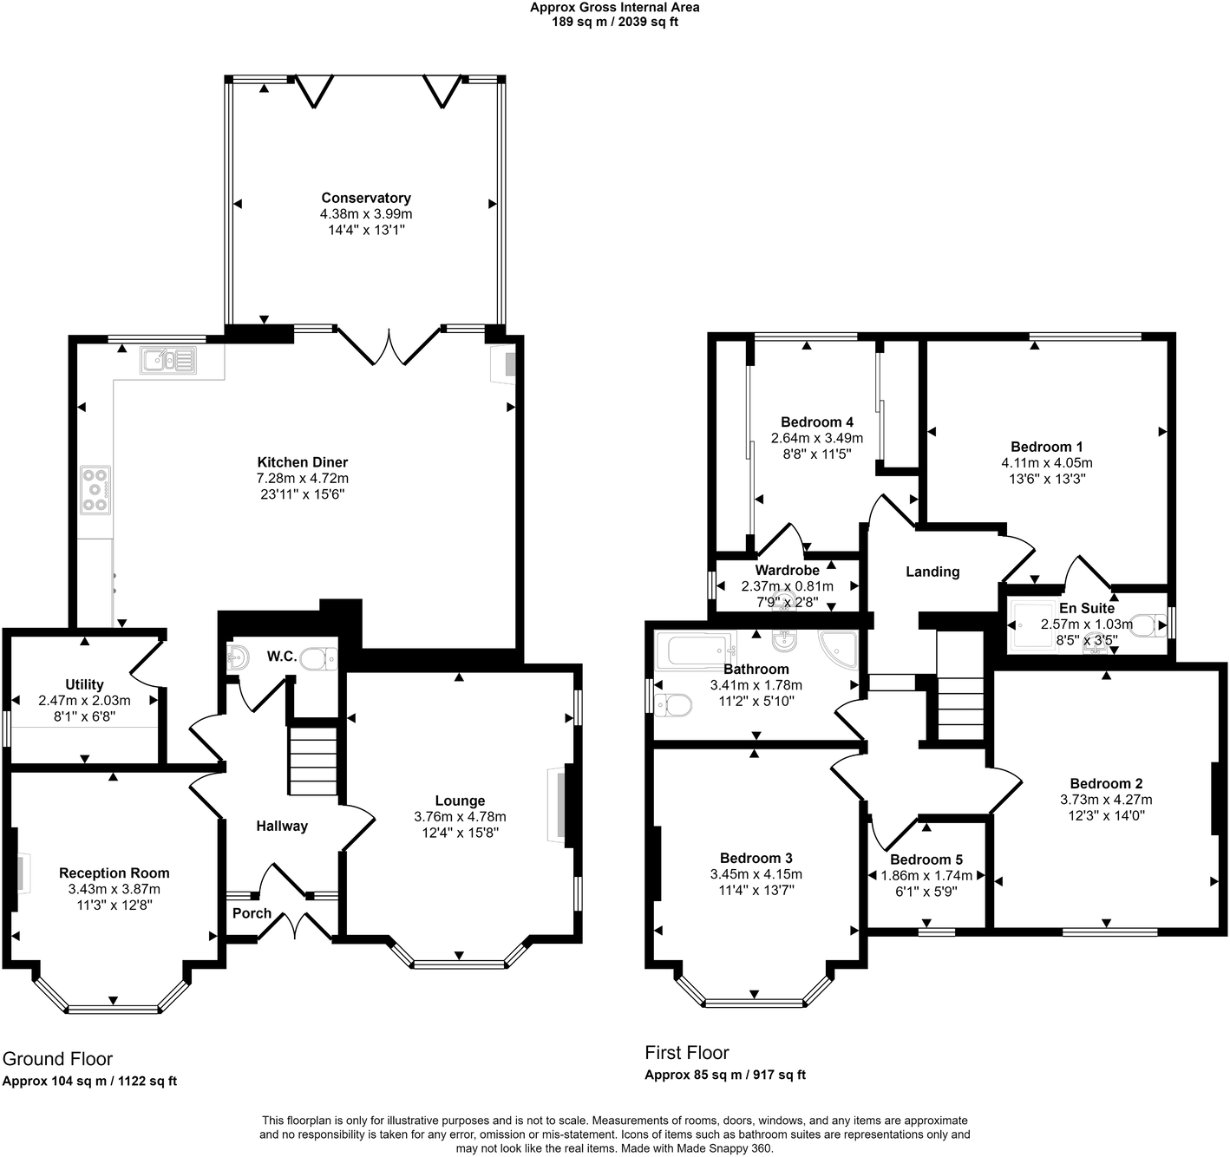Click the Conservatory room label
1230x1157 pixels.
(x=365, y=198)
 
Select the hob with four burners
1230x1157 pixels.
(x=95, y=490)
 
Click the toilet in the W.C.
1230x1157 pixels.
(x=318, y=659)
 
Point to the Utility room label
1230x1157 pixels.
(x=84, y=684)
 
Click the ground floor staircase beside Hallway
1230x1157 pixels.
(x=312, y=762)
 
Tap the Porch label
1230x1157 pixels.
(x=252, y=913)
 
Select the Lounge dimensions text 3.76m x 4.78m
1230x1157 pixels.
(x=460, y=817)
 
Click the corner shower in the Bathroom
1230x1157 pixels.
(x=839, y=647)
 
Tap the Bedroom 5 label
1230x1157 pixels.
(x=926, y=860)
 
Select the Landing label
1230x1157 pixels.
(x=932, y=572)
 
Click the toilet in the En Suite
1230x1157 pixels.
(x=1149, y=625)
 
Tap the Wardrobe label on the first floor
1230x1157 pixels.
(x=787, y=571)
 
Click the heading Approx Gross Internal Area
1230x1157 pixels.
(x=614, y=8)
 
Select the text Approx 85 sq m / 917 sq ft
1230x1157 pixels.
(x=724, y=1075)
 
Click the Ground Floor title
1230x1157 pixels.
(x=57, y=1058)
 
